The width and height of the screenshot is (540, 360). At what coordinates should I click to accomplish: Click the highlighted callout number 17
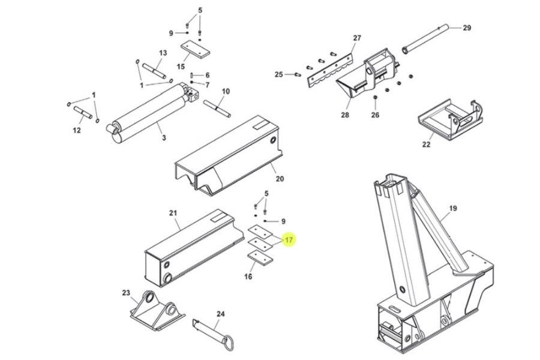pos(289,240)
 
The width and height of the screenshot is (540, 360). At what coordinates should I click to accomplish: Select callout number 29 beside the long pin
pos(467,28)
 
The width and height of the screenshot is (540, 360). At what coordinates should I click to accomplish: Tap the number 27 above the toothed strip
pos(357,38)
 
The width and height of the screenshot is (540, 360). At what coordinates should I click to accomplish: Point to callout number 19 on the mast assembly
pos(452,208)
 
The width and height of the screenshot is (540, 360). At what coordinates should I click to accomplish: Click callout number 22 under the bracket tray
pos(426,144)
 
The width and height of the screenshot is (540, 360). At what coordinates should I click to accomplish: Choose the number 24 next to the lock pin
pos(220,314)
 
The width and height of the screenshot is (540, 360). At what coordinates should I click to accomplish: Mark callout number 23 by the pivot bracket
pos(126,293)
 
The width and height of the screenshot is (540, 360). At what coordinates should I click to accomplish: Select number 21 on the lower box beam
pos(173,214)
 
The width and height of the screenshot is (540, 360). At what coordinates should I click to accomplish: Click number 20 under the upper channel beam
pos(280,179)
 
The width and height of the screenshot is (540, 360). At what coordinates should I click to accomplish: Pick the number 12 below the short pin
pos(77,130)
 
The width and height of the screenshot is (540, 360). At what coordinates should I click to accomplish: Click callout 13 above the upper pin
pos(163,53)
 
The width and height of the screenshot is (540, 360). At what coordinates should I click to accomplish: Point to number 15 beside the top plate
pos(181,66)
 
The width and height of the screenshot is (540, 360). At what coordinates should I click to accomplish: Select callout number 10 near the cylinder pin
pos(226,91)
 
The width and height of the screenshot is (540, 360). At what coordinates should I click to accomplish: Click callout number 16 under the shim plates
pos(248,277)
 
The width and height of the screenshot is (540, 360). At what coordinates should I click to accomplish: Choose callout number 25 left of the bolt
pos(278,74)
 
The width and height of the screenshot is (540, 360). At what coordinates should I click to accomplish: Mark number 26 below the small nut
pos(375,115)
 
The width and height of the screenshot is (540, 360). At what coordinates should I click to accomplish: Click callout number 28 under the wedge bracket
pos(345,115)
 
